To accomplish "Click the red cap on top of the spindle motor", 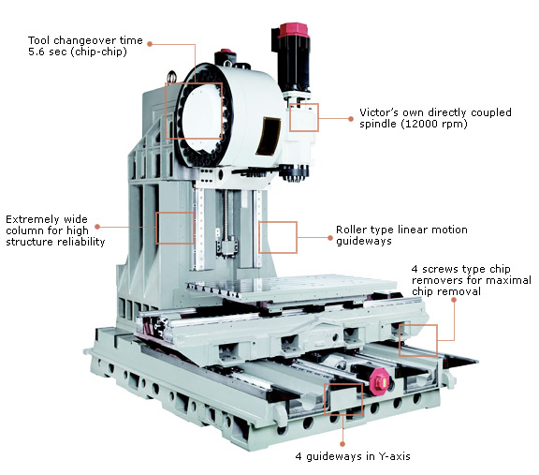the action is point(292,30).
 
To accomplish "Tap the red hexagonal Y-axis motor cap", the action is point(380,380).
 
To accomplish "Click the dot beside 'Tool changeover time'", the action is point(150,44).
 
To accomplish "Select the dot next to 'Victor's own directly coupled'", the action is point(351,118).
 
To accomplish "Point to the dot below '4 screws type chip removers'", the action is point(454,300).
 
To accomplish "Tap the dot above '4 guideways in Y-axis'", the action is point(342,444).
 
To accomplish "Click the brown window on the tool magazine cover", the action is point(269,135).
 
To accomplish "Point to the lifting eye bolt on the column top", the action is point(171,76).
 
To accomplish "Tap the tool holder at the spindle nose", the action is point(294,173).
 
